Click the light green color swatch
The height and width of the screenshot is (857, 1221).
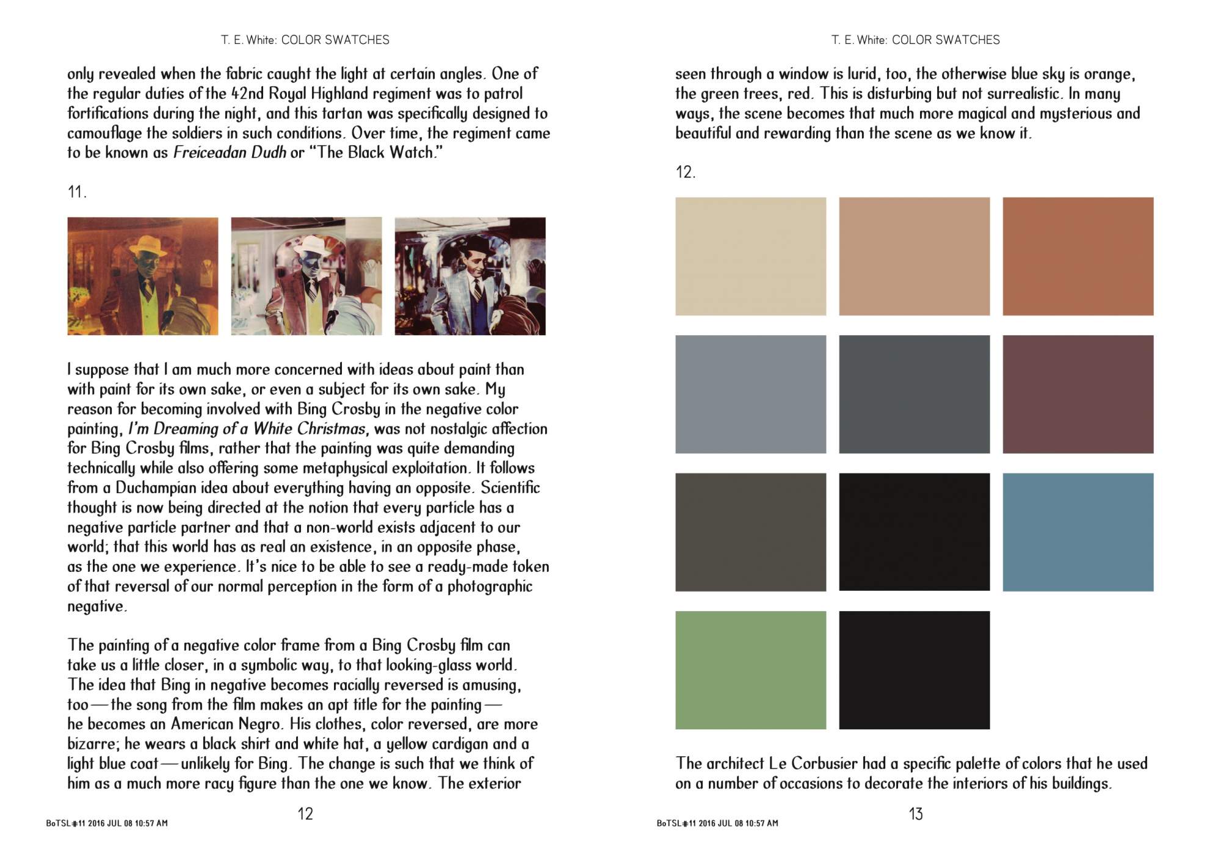(750, 670)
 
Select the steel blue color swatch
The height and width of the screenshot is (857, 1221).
(1078, 532)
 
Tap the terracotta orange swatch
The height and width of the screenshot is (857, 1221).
(1078, 256)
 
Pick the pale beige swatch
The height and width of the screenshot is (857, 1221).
(750, 256)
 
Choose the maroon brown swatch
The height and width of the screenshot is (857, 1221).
(1078, 394)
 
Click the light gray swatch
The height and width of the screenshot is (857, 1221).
(750, 394)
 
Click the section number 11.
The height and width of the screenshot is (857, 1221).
(77, 192)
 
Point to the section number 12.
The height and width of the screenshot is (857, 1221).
(685, 172)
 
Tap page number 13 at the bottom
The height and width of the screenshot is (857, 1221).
(916, 814)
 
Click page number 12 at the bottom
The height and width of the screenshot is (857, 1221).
(305, 814)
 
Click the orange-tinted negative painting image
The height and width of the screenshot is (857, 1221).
(142, 276)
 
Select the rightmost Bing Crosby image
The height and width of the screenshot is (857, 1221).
(470, 276)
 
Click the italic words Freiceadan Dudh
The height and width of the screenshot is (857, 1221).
(230, 153)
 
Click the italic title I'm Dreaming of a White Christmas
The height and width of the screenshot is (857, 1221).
(248, 428)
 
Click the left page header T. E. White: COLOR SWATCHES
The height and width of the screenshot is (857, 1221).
(305, 40)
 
